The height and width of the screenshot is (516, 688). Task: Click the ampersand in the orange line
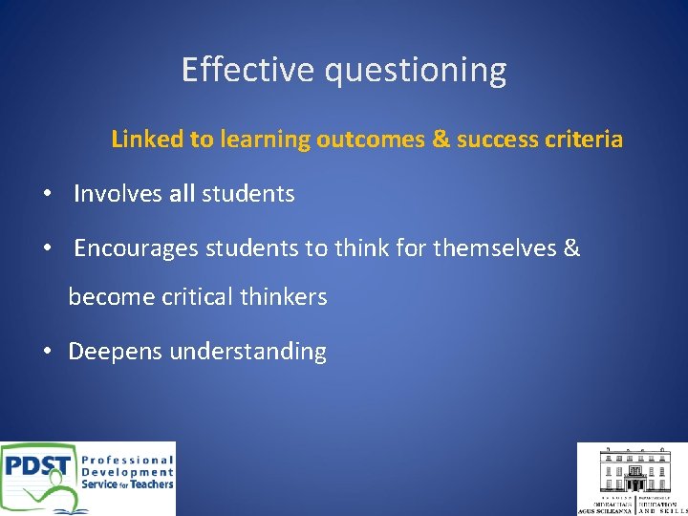pyautogui.click(x=441, y=140)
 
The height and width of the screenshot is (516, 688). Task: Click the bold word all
pyautogui.click(x=182, y=194)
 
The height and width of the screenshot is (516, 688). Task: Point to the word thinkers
pyautogui.click(x=283, y=297)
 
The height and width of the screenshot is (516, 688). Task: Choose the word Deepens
pyautogui.click(x=115, y=352)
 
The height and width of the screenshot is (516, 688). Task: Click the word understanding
pyautogui.click(x=247, y=352)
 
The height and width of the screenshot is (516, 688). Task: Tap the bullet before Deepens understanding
pyautogui.click(x=47, y=352)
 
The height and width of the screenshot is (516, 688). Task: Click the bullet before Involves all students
pyautogui.click(x=47, y=194)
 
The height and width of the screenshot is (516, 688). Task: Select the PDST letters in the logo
pyautogui.click(x=38, y=467)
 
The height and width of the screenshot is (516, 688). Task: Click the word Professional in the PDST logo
pyautogui.click(x=127, y=459)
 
